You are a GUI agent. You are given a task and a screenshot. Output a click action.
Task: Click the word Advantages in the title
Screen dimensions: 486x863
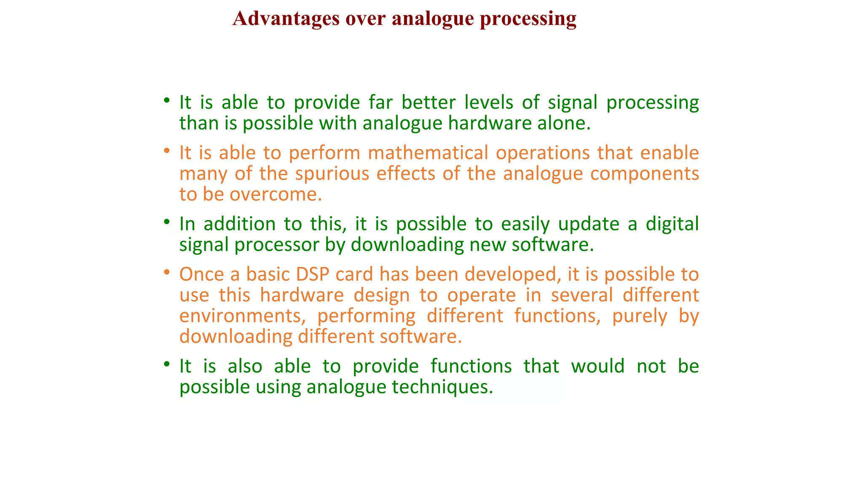286,19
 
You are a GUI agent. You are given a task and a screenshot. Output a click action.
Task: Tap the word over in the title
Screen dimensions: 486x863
365,19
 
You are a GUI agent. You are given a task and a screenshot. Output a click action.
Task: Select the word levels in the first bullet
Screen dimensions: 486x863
488,103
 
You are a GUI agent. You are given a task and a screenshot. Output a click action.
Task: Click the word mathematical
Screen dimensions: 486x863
428,153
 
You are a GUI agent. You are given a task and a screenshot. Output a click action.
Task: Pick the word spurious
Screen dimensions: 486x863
332,173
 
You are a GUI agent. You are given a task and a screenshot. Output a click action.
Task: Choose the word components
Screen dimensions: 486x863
644,173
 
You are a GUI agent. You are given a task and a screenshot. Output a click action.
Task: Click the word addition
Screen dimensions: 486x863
239,224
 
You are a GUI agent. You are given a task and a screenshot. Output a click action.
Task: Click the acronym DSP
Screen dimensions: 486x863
312,274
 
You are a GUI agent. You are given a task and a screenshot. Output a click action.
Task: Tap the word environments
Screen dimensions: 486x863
243,316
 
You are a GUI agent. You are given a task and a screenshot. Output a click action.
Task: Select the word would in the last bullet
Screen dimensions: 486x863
598,366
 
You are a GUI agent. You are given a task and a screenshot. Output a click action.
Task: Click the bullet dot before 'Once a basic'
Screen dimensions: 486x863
167,272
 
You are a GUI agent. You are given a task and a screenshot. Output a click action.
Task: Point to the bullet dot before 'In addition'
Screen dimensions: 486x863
167,222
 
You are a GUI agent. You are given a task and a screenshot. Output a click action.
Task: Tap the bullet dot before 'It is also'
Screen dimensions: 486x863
167,364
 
